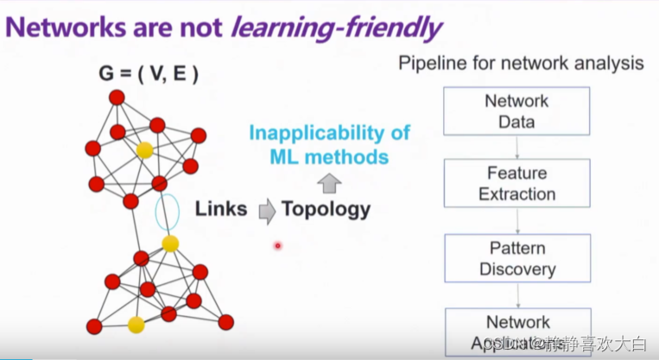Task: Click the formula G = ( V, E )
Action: point(148,74)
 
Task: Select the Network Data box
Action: point(516,111)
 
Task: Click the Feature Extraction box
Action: point(516,183)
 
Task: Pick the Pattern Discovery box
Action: point(516,258)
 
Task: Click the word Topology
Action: point(326,208)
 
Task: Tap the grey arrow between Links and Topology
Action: point(267,209)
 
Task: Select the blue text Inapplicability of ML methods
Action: point(329,145)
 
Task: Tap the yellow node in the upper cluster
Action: point(145,150)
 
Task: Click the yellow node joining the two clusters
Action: point(171,243)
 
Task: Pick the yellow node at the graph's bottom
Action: point(136,325)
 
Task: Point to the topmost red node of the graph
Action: point(117,97)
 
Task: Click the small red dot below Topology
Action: point(278,246)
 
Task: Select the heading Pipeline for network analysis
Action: point(521,63)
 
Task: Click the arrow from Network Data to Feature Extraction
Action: point(516,146)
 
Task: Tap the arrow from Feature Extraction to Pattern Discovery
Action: point(516,220)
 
